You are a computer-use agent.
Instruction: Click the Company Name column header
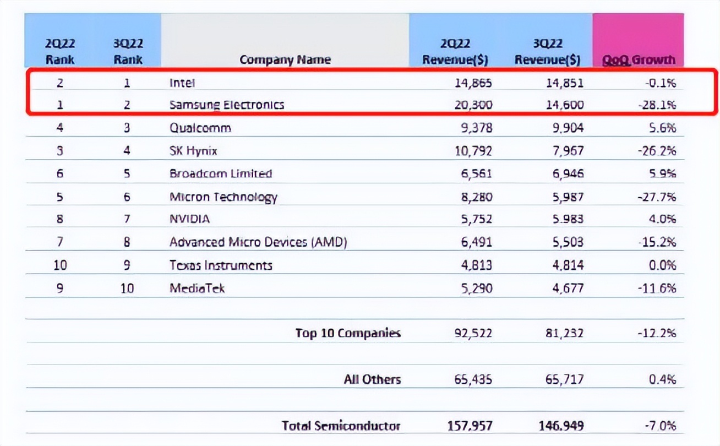[x=285, y=59]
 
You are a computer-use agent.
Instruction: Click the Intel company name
[x=182, y=83]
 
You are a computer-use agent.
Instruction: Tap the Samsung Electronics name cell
[x=227, y=105]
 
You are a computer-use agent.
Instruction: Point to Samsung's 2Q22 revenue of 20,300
[x=473, y=105]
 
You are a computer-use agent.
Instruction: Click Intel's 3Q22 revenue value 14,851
[x=565, y=83]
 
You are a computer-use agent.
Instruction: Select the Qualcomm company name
[x=200, y=128]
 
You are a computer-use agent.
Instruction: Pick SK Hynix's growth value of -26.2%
[x=657, y=151]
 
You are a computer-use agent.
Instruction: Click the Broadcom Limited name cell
[x=221, y=173]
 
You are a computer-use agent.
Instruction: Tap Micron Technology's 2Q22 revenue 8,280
[x=476, y=197]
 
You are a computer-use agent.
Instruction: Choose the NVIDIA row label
[x=189, y=219]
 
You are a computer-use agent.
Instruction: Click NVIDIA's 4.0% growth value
[x=662, y=219]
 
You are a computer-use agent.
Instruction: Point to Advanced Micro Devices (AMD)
[x=258, y=242]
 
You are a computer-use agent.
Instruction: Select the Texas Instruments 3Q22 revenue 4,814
[x=568, y=265]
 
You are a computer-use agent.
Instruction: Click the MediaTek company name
[x=197, y=288]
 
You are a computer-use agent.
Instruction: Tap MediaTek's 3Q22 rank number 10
[x=127, y=288]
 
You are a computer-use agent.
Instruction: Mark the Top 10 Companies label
[x=348, y=333]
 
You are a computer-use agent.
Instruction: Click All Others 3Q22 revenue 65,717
[x=564, y=379]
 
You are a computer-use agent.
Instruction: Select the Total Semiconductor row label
[x=341, y=426]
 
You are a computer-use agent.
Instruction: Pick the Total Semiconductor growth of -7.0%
[x=660, y=426]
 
